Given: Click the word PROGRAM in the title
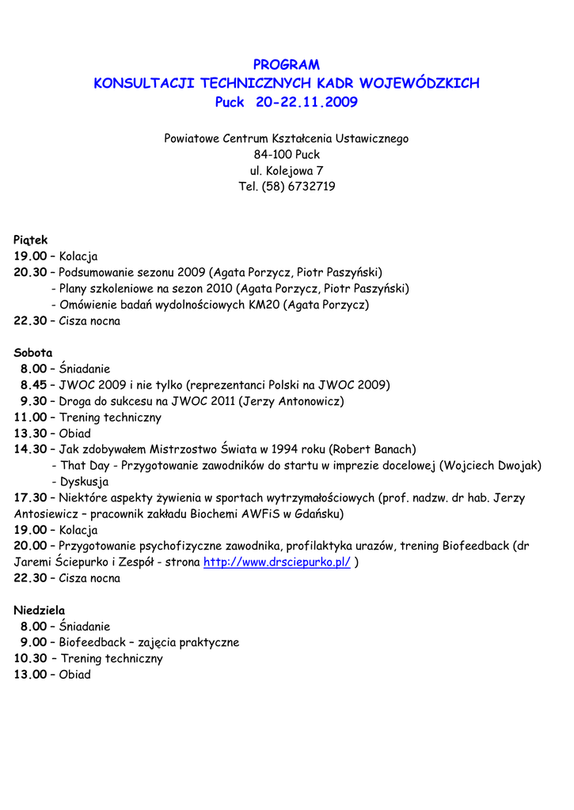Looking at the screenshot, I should point(287,65).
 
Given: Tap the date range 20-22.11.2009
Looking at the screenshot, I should point(306,102).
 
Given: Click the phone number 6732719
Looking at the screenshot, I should point(312,187).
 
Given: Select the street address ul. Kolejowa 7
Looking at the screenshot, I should point(287,170).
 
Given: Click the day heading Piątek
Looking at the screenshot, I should point(31,240).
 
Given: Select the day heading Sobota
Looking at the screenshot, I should point(33,353).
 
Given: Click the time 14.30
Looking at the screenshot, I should point(30,449).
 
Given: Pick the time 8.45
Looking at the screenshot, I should point(34,385).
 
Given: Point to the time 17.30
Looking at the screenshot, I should point(30,498).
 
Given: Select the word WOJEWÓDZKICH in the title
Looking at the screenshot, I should point(420,83).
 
